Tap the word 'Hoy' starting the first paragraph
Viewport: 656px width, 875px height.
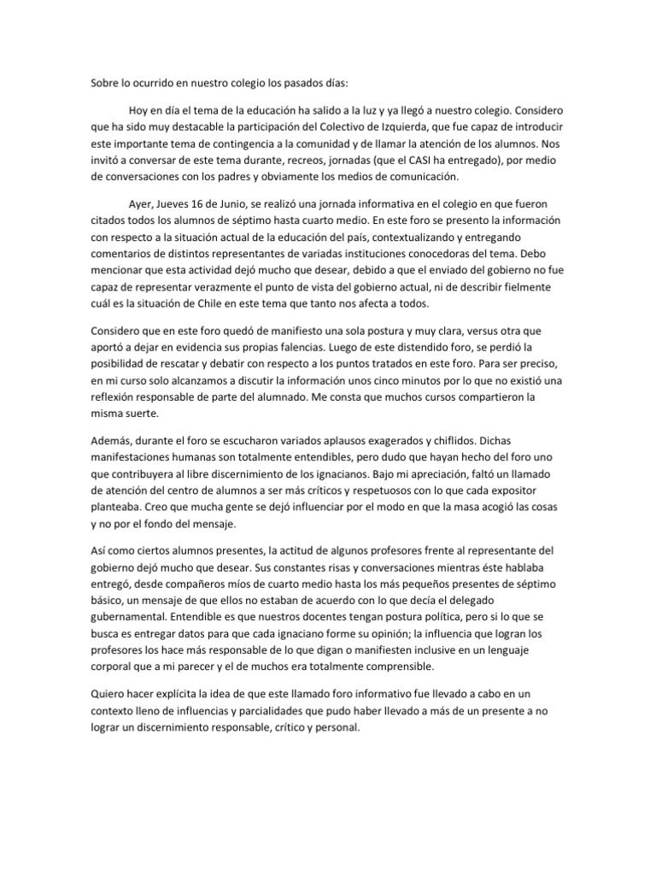(139, 111)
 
